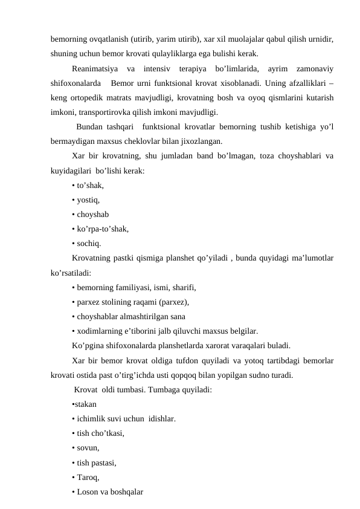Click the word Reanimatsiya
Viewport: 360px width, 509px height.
[x=94, y=68]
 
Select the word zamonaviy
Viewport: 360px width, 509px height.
[x=313, y=68]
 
